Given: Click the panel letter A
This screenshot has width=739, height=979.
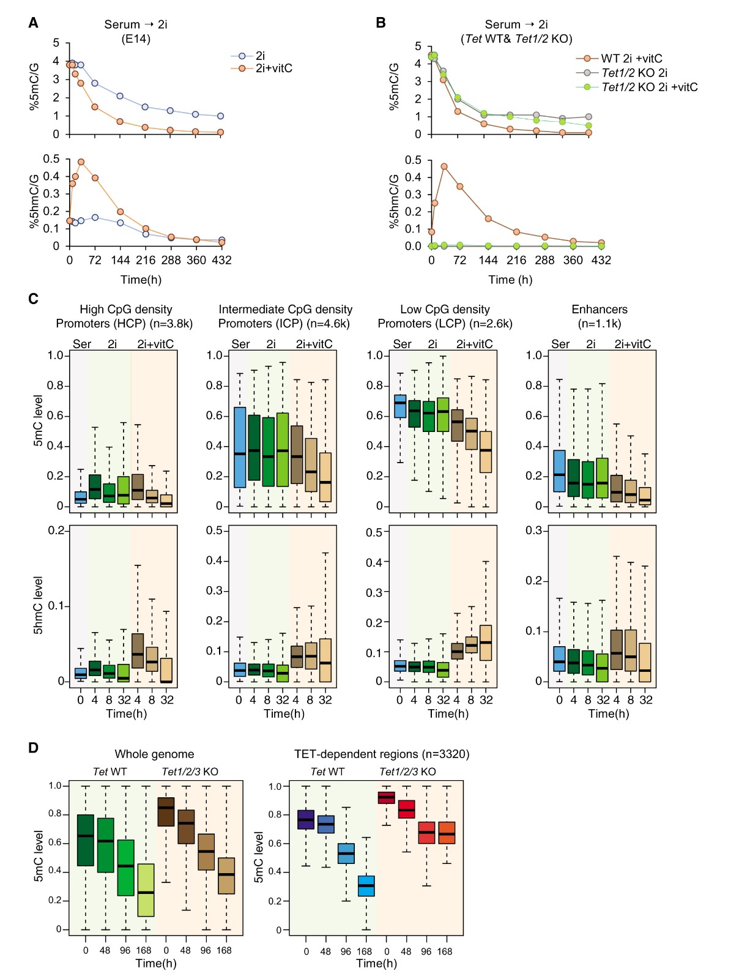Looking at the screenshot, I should [34, 23].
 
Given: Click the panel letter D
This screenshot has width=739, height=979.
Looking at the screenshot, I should [34, 747].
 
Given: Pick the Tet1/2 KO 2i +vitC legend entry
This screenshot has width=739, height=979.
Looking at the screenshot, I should [649, 87].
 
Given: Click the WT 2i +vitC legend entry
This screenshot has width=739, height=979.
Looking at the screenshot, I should [631, 58].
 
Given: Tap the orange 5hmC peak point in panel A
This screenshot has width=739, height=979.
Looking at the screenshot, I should [81, 162].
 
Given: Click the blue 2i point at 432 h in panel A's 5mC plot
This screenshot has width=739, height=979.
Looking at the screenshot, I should [220, 116].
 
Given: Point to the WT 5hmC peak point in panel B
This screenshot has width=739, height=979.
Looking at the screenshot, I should [444, 166].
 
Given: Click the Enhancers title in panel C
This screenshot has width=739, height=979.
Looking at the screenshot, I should [599, 309].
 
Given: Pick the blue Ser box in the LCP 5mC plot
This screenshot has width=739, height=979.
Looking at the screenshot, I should [400, 406].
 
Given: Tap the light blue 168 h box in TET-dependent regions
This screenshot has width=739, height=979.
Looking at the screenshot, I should [366, 886].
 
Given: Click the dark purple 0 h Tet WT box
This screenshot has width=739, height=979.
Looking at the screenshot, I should [306, 819].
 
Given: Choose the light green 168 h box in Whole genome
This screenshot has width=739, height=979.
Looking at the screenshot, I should [146, 890].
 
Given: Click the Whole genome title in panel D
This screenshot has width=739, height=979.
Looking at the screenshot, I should [154, 754].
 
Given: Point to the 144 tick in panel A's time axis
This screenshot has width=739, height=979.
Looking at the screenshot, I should [121, 260].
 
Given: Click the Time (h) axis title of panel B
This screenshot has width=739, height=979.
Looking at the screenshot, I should [510, 280].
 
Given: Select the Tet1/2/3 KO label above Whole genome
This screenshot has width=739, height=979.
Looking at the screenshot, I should [190, 772].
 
